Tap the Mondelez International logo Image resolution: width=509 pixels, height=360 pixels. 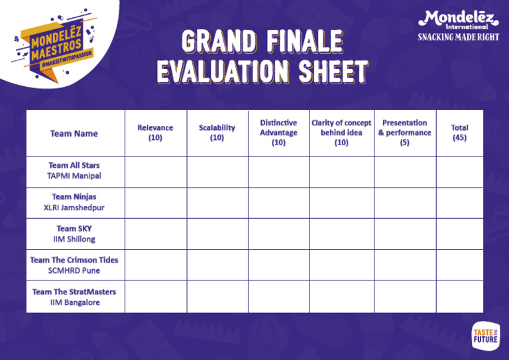point(457,19)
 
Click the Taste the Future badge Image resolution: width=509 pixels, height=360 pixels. point(485,335)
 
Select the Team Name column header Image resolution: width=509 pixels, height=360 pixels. point(74,133)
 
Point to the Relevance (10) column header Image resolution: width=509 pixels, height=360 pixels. point(155,133)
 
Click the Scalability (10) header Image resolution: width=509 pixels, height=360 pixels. point(217,133)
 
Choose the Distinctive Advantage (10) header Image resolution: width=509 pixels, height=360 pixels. point(278,133)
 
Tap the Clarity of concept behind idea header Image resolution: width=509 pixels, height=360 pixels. point(341,133)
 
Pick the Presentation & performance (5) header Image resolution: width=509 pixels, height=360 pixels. point(404,133)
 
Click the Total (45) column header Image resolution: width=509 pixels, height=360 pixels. point(459,133)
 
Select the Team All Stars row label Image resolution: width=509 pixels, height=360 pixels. point(74,171)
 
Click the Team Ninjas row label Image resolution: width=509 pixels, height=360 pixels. point(74,202)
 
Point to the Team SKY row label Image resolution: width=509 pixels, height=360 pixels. point(74,233)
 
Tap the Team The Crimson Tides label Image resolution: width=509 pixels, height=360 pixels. point(74,265)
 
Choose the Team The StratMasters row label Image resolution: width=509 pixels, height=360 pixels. point(74,296)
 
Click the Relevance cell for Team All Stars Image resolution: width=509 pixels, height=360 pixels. point(155,172)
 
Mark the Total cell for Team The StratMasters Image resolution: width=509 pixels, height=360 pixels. point(459,296)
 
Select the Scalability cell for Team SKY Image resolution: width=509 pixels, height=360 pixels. point(217,233)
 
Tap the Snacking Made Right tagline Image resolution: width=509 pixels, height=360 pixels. point(458,37)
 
